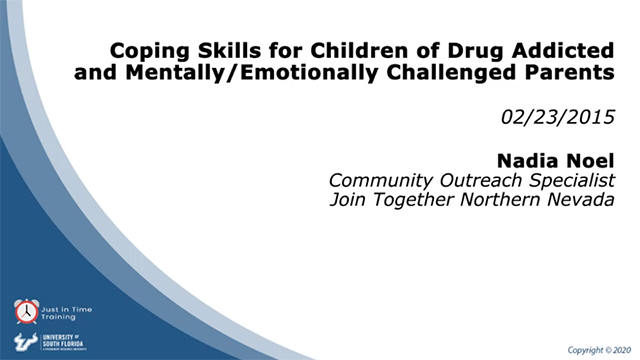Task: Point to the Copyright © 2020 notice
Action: [x=599, y=350]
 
